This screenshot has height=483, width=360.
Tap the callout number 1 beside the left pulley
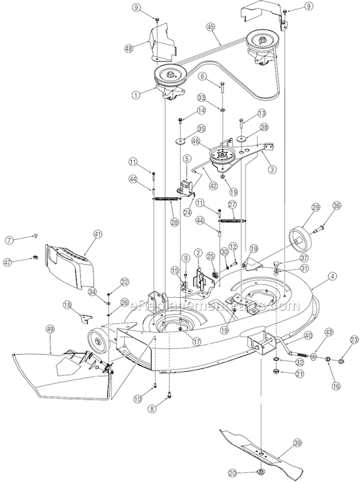tap(138, 95)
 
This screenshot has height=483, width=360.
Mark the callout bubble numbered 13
tap(261, 113)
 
